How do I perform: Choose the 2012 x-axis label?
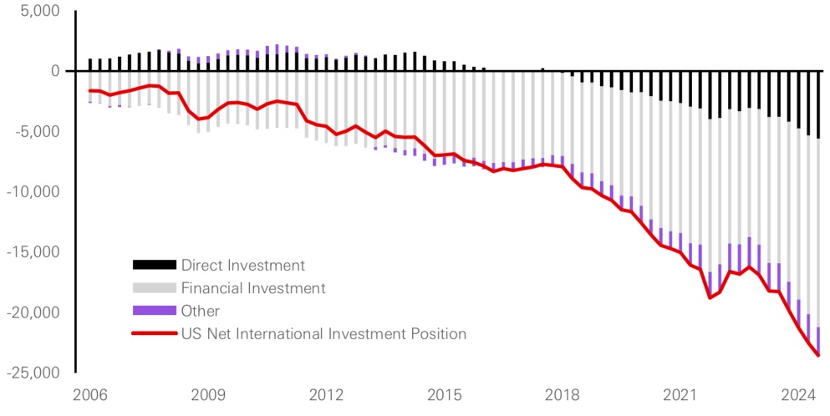coord(327,393)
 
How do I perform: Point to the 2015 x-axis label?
coord(445,393)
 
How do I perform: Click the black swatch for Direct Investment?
coord(155,266)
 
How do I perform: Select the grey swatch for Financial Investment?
coord(155,288)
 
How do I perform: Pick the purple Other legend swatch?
coord(155,311)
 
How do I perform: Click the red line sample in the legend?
coord(155,334)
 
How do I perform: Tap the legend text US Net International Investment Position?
coord(323,334)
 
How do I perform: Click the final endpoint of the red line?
coord(818,356)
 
